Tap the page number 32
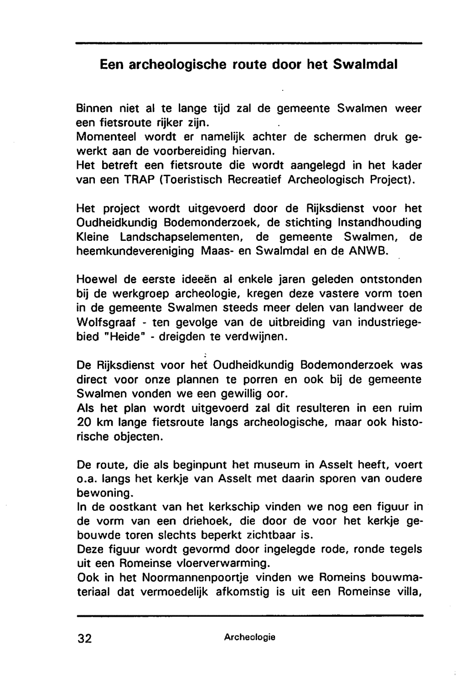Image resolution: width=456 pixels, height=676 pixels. point(85,638)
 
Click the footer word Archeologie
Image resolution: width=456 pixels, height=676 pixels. point(249,637)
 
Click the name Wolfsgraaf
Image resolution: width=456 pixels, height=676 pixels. point(106,322)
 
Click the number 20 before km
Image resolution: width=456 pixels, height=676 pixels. point(85,422)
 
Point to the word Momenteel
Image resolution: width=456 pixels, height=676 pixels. point(106,137)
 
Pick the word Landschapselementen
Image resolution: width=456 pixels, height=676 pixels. point(180,237)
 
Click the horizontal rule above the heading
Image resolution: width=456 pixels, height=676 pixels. point(249,43)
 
